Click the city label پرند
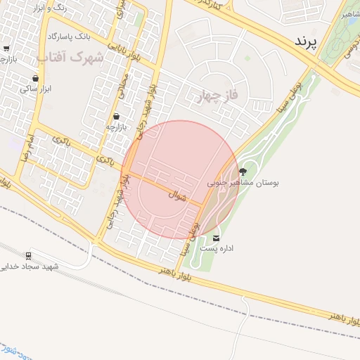307,41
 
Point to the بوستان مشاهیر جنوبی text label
243,182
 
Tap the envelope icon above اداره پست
216,237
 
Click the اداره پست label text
217,248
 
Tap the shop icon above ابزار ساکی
35,78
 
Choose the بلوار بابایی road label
127,53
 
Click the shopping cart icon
6,49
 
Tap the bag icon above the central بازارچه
116,117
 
